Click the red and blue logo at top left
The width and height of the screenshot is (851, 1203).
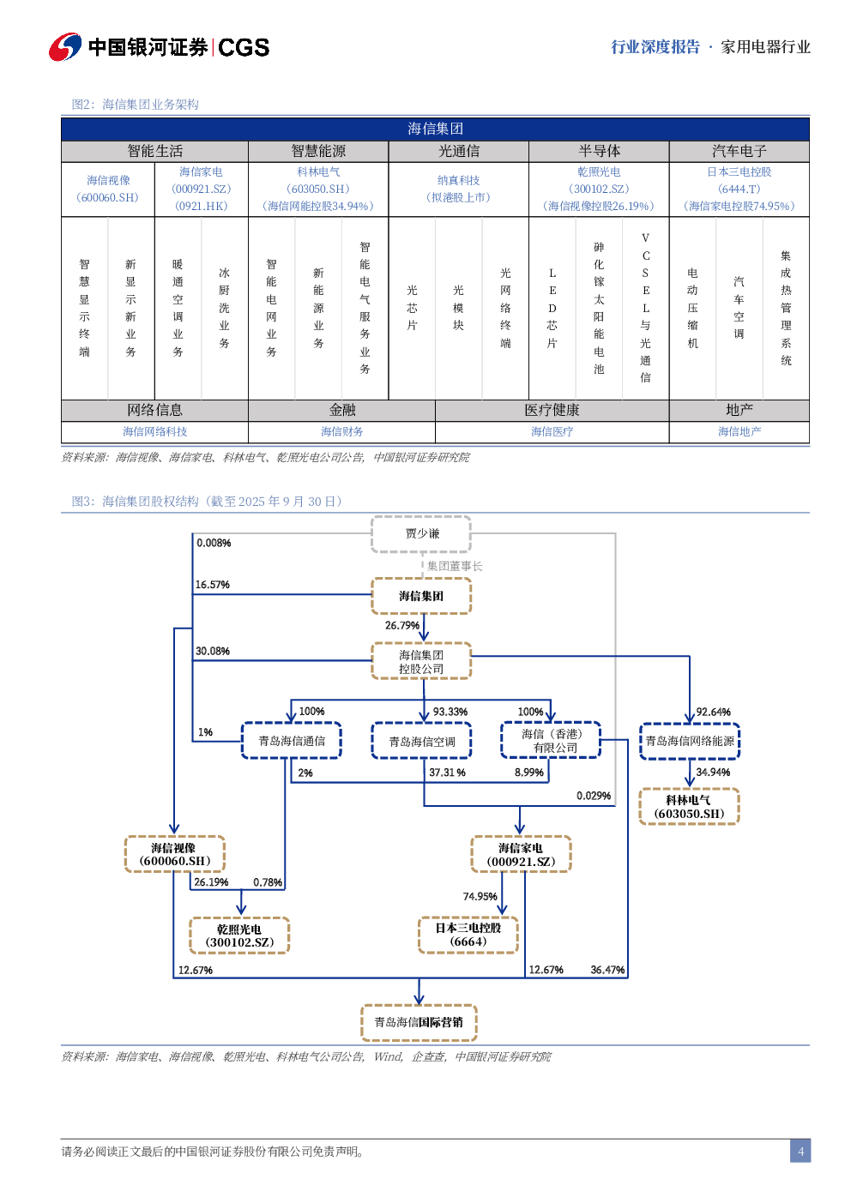[x=65, y=47]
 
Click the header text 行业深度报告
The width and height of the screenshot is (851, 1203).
[x=655, y=47]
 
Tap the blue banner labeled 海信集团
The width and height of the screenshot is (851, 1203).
[x=435, y=129]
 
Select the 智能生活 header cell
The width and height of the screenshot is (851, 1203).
[x=155, y=151]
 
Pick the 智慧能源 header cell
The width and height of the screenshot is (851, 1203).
[x=318, y=151]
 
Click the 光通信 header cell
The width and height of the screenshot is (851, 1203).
[x=459, y=151]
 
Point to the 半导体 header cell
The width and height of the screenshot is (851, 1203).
[x=599, y=151]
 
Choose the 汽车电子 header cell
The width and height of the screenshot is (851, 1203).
[x=739, y=151]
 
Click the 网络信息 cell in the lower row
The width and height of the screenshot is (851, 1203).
[x=155, y=411]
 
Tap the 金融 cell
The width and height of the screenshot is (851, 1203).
[x=342, y=411]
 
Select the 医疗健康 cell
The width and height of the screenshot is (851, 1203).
[x=552, y=411]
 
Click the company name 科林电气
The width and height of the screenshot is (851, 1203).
[x=318, y=171]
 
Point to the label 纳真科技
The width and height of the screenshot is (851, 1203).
[x=459, y=180]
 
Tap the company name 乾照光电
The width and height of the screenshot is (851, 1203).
[x=599, y=171]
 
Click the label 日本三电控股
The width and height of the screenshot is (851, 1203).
[x=739, y=171]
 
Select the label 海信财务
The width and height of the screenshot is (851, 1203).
[x=342, y=431]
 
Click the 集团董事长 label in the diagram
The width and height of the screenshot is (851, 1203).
[x=455, y=566]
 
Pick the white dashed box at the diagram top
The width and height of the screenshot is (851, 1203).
[x=421, y=534]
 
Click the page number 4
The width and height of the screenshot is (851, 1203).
[x=800, y=1151]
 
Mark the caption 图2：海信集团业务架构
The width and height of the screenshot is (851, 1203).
[x=136, y=104]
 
